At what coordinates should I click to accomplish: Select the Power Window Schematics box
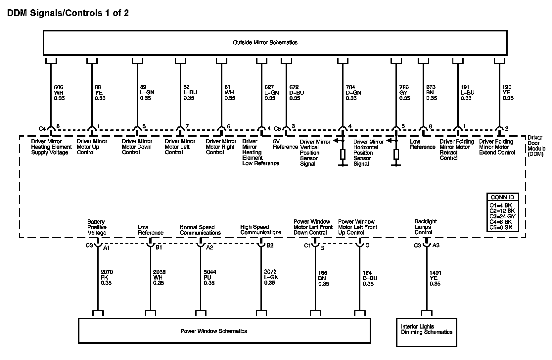tap(224, 331)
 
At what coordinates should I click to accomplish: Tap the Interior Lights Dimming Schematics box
tap(426, 329)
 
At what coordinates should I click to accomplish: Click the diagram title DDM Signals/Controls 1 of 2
tap(68, 13)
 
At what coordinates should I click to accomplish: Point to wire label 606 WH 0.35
tap(59, 93)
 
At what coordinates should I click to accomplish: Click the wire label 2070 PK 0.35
tap(107, 278)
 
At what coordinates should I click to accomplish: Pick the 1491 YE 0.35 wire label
tap(435, 278)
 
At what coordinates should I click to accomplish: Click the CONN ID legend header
tap(502, 197)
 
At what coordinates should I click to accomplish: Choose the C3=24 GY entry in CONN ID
tap(502, 216)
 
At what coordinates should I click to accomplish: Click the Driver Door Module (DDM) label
tap(535, 146)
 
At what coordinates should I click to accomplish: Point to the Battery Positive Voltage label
tap(97, 227)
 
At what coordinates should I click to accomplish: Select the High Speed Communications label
tap(260, 230)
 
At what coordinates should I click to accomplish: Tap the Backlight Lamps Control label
tap(425, 227)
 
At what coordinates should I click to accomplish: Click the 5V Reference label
tap(285, 144)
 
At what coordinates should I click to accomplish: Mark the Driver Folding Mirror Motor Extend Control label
tap(497, 147)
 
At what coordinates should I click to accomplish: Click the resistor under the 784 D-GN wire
tap(343, 154)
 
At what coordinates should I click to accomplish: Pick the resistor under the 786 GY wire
tap(396, 154)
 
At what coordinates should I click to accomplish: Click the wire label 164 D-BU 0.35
tap(370, 279)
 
